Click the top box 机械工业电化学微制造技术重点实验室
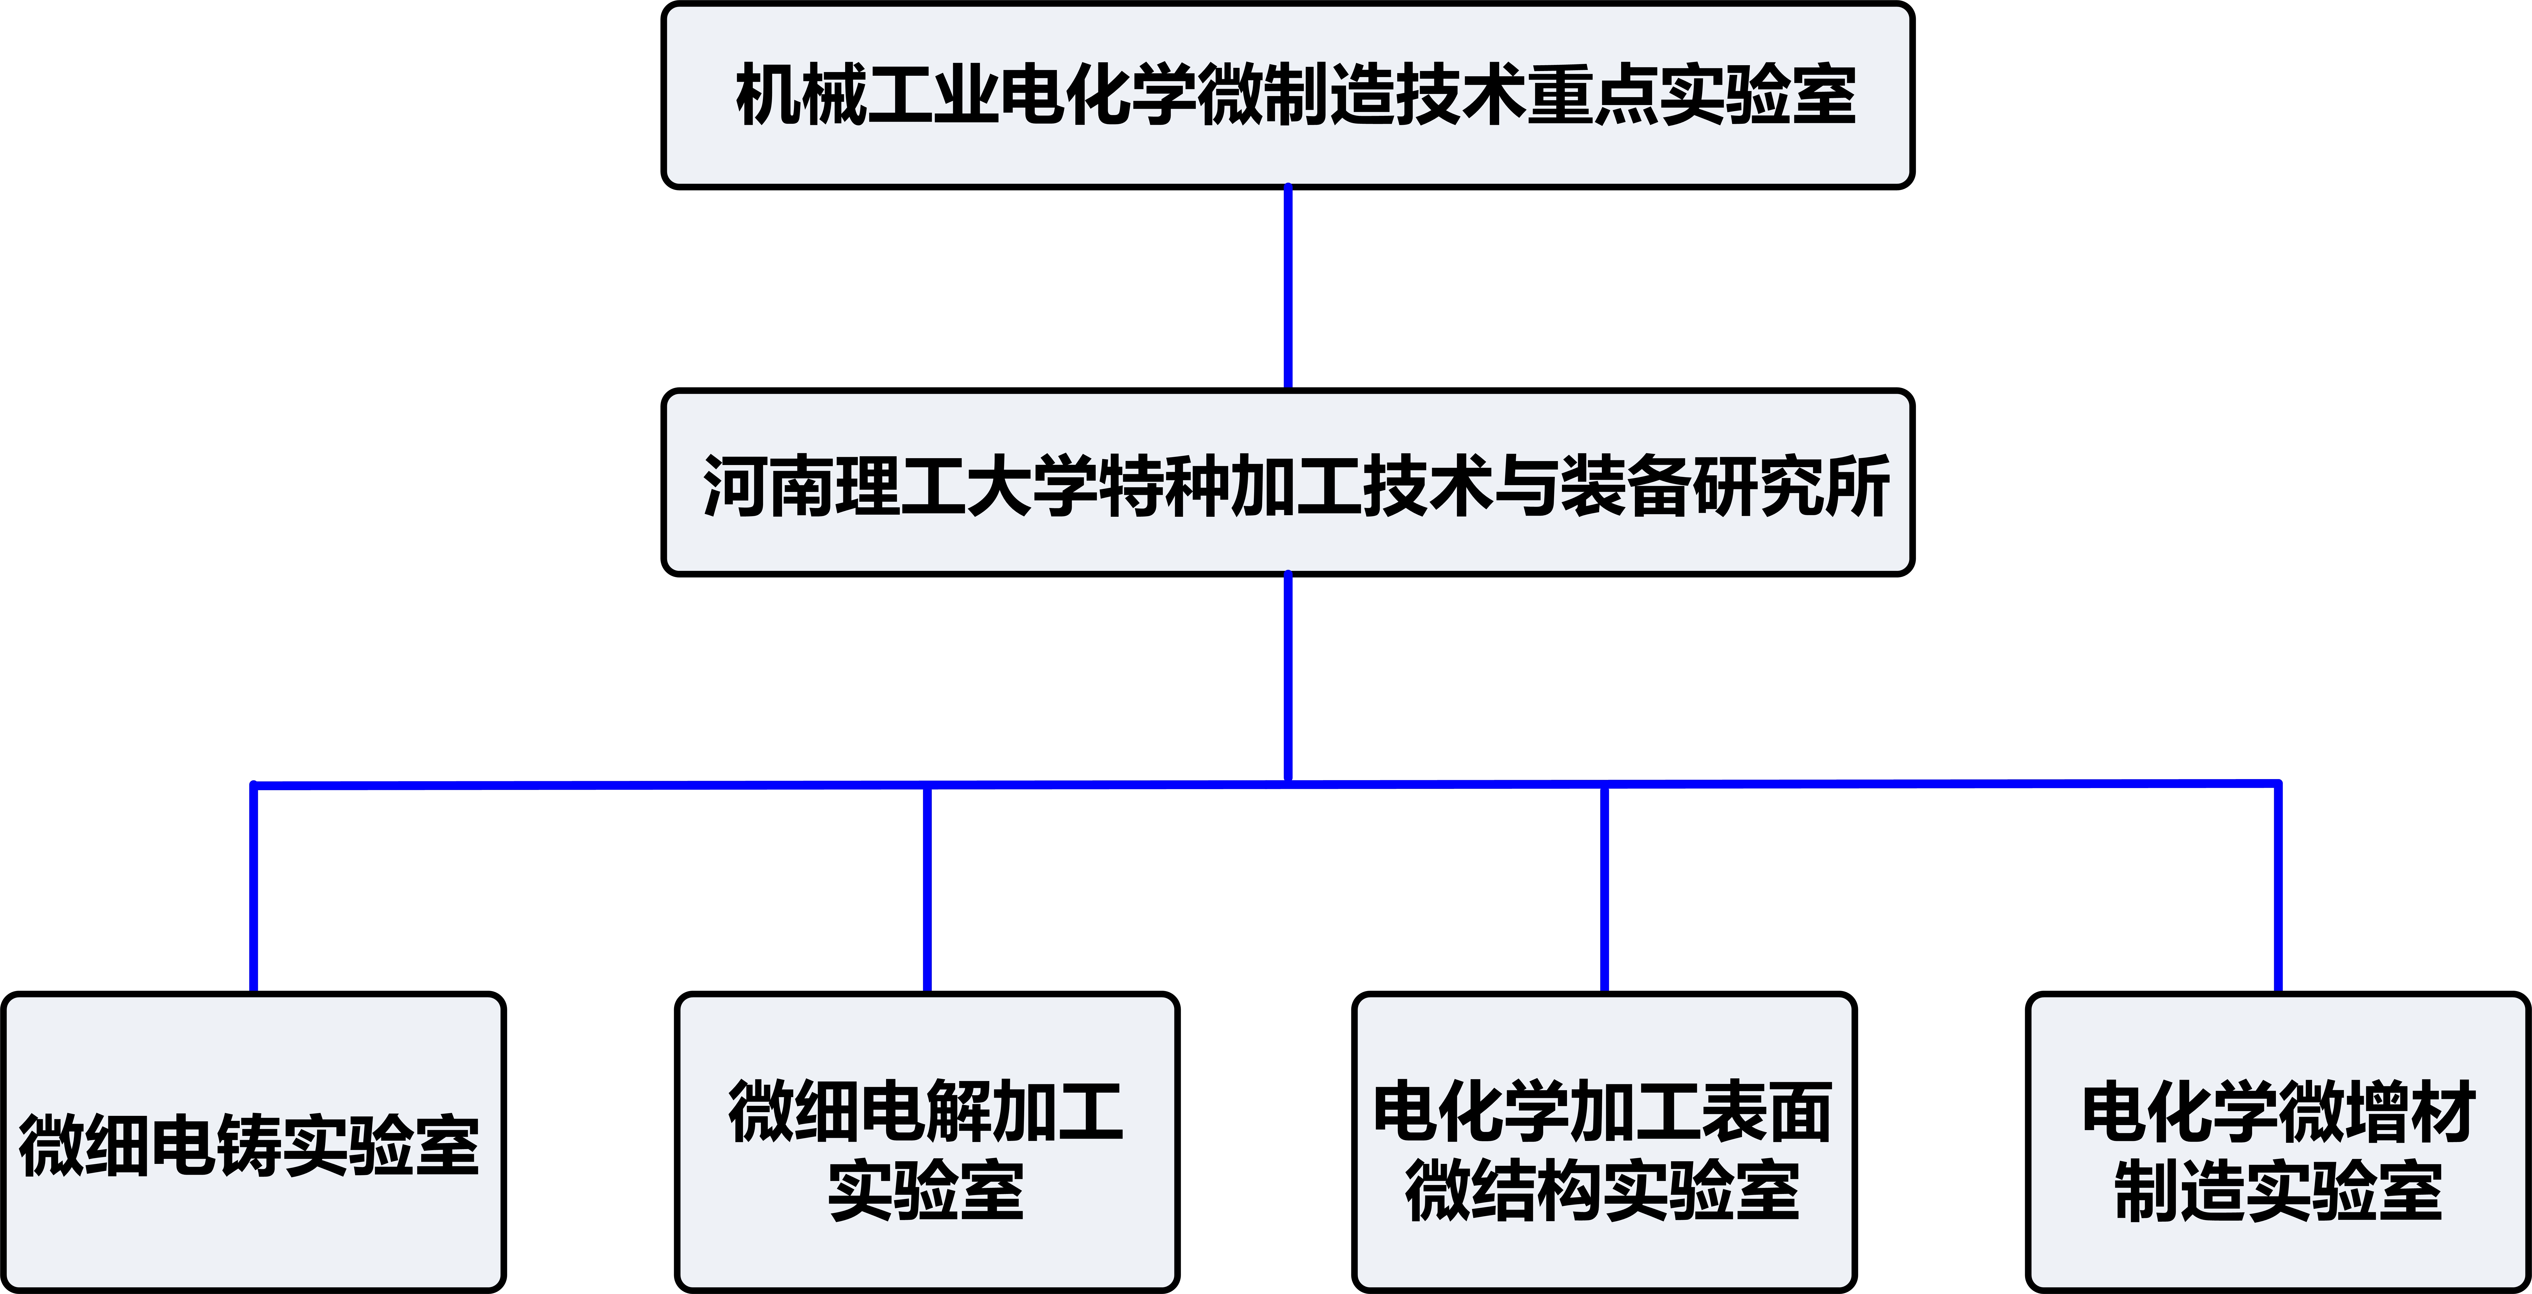1288,95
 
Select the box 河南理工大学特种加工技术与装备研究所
1288,482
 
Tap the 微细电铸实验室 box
253,1143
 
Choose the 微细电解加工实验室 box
927,1143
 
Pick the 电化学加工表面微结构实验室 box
1604,1143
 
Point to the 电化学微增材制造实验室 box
2277,1143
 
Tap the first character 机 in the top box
768,94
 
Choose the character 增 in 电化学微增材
2376,1112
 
